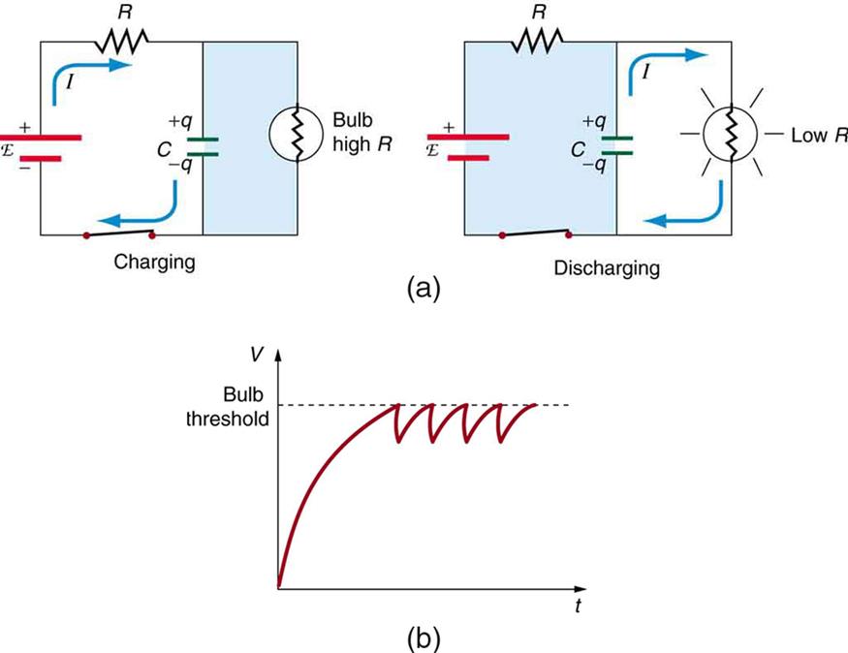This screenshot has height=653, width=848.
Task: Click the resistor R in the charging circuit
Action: tap(120, 42)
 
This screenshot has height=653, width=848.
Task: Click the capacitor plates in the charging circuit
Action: tap(203, 146)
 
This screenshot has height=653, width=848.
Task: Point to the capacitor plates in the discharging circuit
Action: tap(616, 145)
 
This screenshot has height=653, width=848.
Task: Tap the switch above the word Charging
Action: tap(120, 233)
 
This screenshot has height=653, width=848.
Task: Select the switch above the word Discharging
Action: tap(534, 233)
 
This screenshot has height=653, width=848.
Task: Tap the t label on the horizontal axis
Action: tap(577, 609)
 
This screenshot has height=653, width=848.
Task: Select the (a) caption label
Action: tap(423, 289)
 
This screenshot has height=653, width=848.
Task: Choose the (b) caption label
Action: tap(423, 637)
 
